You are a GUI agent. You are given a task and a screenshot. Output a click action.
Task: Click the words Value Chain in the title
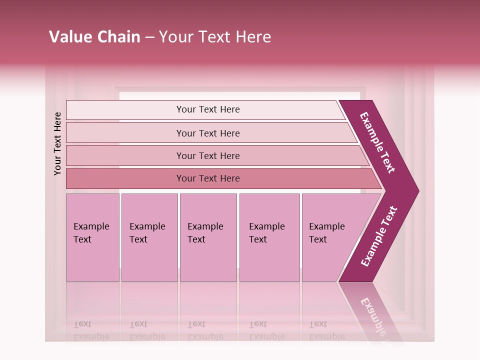(94, 37)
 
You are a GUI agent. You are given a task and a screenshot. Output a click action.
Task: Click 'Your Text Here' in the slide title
(215, 37)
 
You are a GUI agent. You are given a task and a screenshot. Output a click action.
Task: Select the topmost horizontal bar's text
(208, 109)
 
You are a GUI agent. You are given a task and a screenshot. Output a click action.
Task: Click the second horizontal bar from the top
(208, 133)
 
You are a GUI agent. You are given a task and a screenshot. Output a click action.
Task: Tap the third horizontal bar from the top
(208, 155)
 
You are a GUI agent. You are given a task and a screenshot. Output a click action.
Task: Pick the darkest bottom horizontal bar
(208, 178)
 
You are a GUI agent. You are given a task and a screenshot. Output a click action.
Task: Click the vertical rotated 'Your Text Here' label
(57, 143)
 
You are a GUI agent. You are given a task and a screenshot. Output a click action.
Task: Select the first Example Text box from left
(92, 233)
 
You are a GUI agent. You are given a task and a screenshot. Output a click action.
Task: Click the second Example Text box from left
(148, 233)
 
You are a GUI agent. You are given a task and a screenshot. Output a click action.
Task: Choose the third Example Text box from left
(206, 233)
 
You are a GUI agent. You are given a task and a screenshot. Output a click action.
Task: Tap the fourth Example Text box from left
(267, 233)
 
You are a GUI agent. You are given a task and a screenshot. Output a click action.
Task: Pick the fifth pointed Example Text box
(327, 233)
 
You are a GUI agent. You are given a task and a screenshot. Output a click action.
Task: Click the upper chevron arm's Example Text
(377, 142)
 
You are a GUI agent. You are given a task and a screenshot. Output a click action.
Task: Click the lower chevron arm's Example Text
(379, 236)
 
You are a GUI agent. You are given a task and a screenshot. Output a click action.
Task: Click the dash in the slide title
(149, 37)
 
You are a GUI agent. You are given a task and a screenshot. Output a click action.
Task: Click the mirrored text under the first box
(91, 330)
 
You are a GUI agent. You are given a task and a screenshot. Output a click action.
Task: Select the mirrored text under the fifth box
(327, 330)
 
